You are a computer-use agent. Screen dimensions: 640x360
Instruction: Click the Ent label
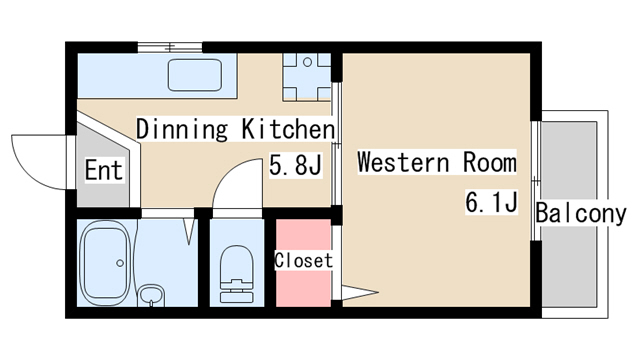click(104, 170)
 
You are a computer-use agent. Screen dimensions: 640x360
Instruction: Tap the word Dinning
click(182, 129)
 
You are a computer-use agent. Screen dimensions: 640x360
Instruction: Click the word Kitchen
click(288, 129)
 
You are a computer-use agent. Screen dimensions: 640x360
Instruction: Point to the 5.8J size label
click(296, 164)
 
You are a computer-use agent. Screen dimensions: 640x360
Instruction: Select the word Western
click(403, 162)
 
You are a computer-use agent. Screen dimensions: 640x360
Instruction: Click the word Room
click(490, 162)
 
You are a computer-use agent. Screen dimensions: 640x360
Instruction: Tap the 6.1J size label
click(492, 201)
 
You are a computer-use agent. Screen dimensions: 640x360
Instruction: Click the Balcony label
click(581, 213)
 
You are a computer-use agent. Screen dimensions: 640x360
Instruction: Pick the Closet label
click(303, 260)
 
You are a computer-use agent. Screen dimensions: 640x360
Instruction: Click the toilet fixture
click(236, 274)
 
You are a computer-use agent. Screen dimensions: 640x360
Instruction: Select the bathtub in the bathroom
click(105, 263)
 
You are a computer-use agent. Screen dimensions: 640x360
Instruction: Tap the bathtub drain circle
click(120, 263)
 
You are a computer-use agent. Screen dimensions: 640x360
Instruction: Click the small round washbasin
click(151, 295)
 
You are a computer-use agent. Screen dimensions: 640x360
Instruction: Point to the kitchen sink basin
click(195, 75)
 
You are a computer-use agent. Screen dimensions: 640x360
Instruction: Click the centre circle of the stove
click(308, 62)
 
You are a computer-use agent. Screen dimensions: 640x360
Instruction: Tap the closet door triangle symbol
click(360, 292)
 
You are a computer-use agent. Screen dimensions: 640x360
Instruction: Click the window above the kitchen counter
click(170, 47)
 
